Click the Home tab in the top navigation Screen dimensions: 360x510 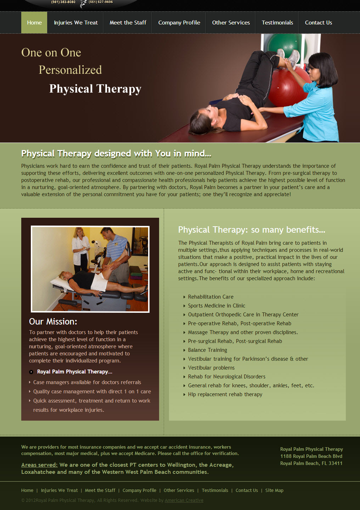(x=34, y=23)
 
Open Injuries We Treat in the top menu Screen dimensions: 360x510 (x=76, y=23)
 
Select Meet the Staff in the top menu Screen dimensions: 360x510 (x=128, y=23)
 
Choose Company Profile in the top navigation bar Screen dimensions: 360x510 (x=179, y=23)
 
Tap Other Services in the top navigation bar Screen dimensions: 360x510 (x=231, y=23)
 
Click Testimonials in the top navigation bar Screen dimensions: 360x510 (x=277, y=23)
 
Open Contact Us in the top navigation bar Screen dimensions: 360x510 (x=319, y=23)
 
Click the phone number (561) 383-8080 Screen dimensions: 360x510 (x=63, y=2)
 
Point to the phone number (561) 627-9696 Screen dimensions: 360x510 (x=101, y=2)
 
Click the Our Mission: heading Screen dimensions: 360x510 (x=53, y=321)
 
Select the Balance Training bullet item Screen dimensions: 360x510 (x=207, y=350)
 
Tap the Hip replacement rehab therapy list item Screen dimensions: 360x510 (x=225, y=394)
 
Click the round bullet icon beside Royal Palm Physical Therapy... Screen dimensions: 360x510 (x=31, y=372)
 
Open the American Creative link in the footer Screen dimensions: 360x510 (x=184, y=500)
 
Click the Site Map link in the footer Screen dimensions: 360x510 (x=274, y=490)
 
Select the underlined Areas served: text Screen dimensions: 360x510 (x=39, y=465)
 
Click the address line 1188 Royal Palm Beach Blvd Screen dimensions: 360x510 (x=311, y=456)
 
